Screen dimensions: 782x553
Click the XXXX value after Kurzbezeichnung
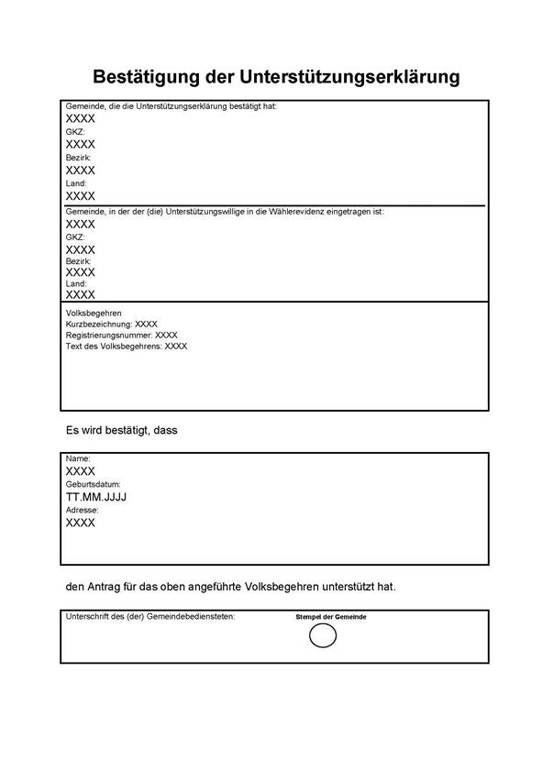tap(147, 325)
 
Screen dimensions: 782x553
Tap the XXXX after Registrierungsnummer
tap(166, 336)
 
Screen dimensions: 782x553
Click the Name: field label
tap(78, 457)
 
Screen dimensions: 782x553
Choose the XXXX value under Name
tap(81, 470)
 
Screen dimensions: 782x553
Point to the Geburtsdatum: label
tap(93, 484)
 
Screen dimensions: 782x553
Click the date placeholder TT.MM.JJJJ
tap(96, 497)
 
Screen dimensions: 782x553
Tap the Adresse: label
tap(82, 510)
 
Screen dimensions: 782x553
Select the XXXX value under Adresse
tap(81, 523)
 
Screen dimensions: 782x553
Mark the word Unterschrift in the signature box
tap(90, 616)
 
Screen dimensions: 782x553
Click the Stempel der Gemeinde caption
tap(331, 617)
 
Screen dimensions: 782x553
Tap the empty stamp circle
tap(323, 635)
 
